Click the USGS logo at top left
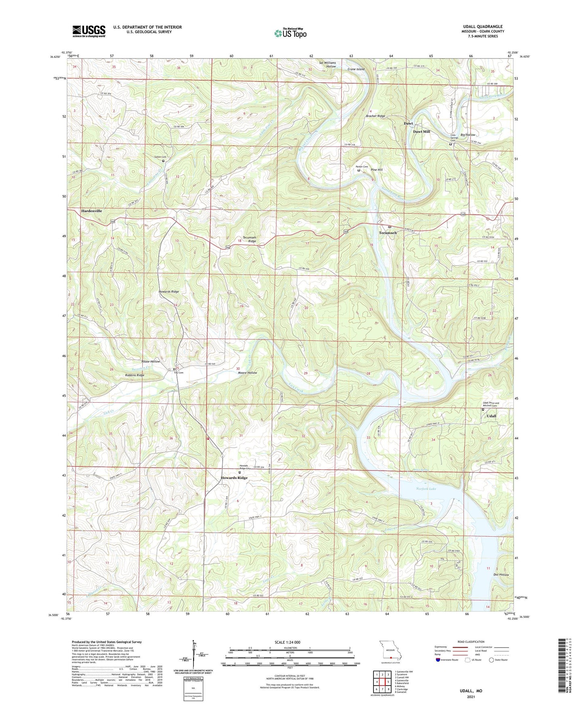(89, 31)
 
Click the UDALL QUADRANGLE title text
(483, 27)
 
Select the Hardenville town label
(92, 211)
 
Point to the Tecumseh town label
(388, 233)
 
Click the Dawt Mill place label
(421, 132)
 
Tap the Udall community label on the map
(491, 416)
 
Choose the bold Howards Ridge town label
(234, 478)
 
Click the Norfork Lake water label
(426, 489)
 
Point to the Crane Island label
(356, 69)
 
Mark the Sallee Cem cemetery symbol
(163, 161)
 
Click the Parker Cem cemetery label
(362, 167)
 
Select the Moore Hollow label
(247, 373)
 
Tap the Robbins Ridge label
(135, 375)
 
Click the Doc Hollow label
(501, 575)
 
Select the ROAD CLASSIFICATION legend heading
(471, 642)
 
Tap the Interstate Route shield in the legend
(438, 660)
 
